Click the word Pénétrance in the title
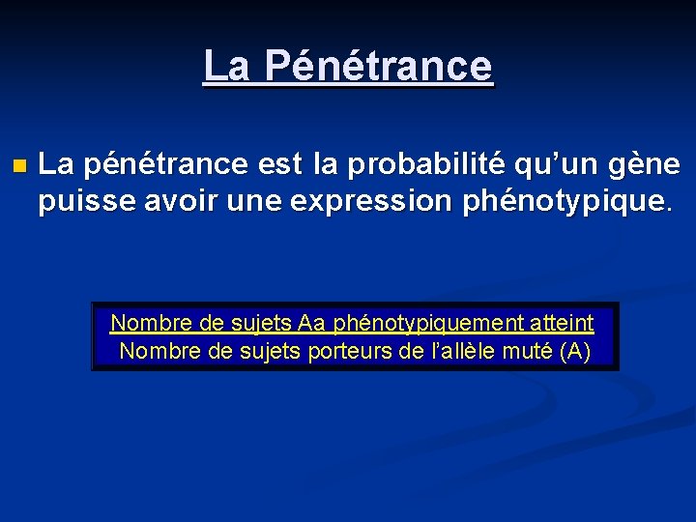coord(378,67)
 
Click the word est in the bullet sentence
coord(279,164)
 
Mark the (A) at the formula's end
coord(575,351)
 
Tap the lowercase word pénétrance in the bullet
coord(164,165)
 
